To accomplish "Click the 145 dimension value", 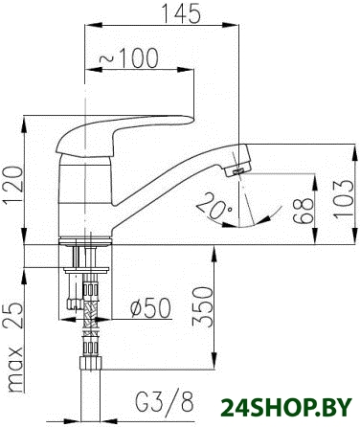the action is pyautogui.click(x=182, y=13).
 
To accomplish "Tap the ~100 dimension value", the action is pyautogui.click(x=128, y=58).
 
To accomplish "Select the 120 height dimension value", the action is pyautogui.click(x=12, y=185).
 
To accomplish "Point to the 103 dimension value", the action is pyautogui.click(x=345, y=199).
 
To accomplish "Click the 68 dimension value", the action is pyautogui.click(x=303, y=210).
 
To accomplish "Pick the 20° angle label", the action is pyautogui.click(x=214, y=205).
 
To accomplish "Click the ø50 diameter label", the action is pyautogui.click(x=150, y=308).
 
